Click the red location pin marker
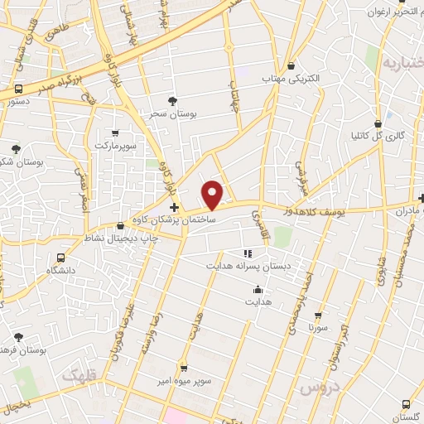(x=214, y=195)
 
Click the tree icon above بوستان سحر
(x=172, y=101)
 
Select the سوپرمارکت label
(x=115, y=145)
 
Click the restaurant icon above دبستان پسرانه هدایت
(x=246, y=253)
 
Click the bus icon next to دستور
(x=18, y=88)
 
